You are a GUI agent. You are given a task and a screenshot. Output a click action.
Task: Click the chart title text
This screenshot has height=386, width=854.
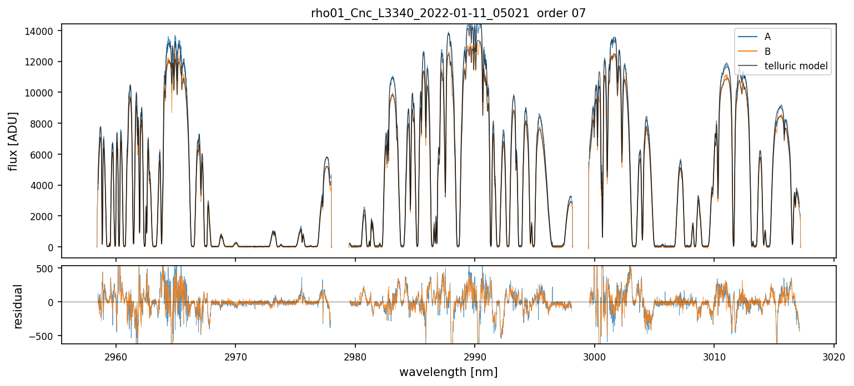point(448,13)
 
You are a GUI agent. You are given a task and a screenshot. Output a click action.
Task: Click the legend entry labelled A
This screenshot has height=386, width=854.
point(767,37)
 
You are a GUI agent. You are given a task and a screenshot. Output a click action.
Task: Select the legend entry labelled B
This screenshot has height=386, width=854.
point(767,52)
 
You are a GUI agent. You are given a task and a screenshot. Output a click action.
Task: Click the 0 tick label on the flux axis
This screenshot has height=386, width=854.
point(52,247)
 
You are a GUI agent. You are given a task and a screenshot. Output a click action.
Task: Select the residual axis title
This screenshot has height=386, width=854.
point(18,306)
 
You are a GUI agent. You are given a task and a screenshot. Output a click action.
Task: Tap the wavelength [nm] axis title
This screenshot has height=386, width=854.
point(448,372)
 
